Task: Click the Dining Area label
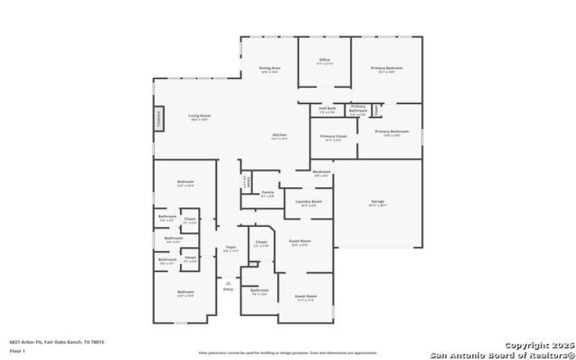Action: coord(269,68)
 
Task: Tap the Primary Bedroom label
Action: coord(387,68)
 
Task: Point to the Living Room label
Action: coord(199,116)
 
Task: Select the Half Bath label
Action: coord(327,109)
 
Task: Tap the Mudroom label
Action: coord(321,172)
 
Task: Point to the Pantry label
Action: coord(267,192)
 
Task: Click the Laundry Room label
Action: coord(308,202)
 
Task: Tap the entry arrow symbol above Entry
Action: coord(228,282)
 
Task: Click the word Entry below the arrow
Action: coord(228,289)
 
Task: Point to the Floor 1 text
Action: coord(17,351)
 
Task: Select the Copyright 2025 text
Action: coord(534,346)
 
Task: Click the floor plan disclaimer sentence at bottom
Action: coord(288,353)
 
